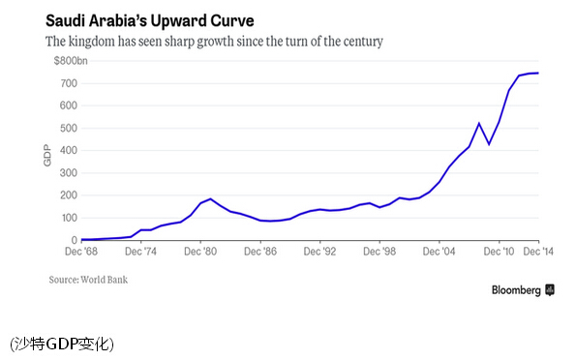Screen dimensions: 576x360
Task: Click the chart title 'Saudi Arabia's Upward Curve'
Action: point(150,20)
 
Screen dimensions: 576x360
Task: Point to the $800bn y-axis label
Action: point(71,61)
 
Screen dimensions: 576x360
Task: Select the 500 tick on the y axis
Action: point(69,128)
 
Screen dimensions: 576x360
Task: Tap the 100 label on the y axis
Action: point(69,218)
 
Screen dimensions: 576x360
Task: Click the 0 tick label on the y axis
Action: point(75,240)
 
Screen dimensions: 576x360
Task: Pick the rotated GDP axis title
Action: point(47,155)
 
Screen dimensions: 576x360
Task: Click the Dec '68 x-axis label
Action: point(81,252)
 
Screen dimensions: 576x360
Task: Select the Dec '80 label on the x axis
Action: point(200,252)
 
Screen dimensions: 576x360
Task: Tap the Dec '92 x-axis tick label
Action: point(319,252)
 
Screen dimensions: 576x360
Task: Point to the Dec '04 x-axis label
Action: point(439,252)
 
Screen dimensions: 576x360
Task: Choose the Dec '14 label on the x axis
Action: point(538,252)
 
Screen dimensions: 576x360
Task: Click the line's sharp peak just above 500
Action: point(479,124)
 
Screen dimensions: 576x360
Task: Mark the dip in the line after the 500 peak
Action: point(489,144)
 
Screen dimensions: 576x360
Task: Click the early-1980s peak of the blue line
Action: point(210,199)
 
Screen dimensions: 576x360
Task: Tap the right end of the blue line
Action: point(538,74)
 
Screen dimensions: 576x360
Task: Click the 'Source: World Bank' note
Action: point(88,280)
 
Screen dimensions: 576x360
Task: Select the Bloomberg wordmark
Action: point(516,290)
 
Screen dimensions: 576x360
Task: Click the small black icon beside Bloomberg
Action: point(550,289)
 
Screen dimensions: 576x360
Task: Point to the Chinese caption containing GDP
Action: point(62,345)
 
